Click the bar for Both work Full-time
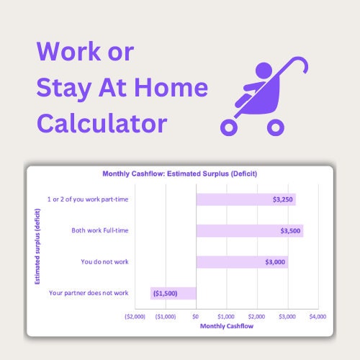point(250,230)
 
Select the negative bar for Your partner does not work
point(174,293)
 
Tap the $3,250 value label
point(283,199)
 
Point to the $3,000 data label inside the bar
point(275,262)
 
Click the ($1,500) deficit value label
point(166,293)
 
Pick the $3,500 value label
point(290,231)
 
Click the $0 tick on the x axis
point(196,317)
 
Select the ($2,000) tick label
point(135,317)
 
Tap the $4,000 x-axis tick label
point(318,317)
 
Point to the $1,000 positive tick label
point(226,317)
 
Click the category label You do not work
point(104,261)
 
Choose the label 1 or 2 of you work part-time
point(88,199)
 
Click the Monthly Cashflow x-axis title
point(227,326)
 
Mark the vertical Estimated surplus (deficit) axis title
point(37,246)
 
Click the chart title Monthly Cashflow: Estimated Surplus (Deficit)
point(180,174)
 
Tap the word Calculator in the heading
point(102,124)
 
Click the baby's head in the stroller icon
point(264,71)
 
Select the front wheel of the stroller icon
point(229,127)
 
